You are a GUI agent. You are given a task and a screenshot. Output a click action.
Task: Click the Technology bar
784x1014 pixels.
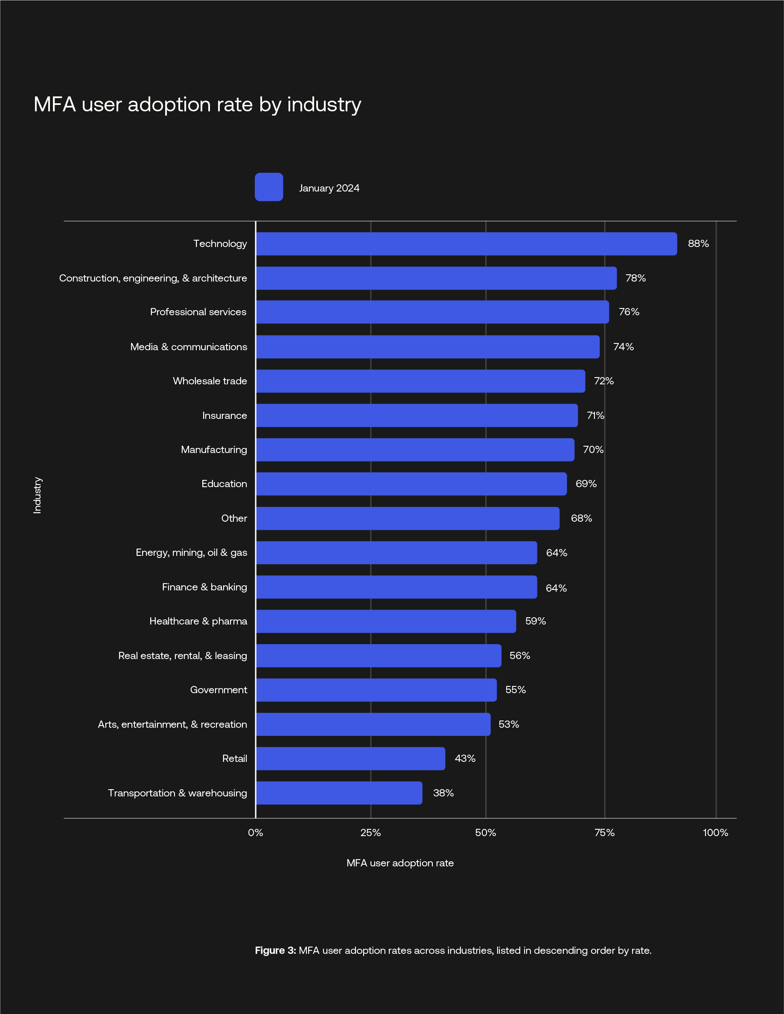click(x=466, y=244)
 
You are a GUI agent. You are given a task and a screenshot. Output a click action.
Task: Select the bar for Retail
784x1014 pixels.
click(x=350, y=758)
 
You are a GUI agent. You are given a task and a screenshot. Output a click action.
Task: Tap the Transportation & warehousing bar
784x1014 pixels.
click(x=339, y=793)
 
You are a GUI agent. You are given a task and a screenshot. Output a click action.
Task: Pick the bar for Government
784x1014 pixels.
click(x=376, y=690)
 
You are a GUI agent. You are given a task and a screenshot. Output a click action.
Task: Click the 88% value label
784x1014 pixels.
click(x=698, y=244)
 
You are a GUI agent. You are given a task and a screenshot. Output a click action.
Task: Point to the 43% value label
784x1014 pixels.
click(x=465, y=758)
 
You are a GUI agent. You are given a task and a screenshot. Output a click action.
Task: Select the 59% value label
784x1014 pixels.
click(x=536, y=621)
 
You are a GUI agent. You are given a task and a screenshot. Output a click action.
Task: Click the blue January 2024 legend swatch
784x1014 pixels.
click(x=269, y=187)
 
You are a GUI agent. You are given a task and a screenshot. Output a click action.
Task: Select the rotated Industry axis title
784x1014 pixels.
click(x=38, y=495)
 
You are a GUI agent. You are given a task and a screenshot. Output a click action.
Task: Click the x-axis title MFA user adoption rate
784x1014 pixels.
click(x=400, y=863)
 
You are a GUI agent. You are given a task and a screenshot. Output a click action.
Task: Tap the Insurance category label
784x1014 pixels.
click(x=224, y=415)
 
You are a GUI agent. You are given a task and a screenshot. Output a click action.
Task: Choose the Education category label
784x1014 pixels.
click(x=224, y=484)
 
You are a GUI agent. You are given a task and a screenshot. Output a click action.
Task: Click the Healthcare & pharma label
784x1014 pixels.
click(x=198, y=621)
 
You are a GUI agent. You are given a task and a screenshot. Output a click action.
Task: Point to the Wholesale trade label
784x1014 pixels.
click(x=210, y=381)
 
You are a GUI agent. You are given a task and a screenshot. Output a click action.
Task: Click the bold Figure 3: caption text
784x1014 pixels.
click(x=275, y=950)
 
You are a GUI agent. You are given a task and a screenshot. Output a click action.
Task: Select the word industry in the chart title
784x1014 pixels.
click(x=324, y=105)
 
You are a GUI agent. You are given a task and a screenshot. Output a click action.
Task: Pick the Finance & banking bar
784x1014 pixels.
click(x=396, y=587)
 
